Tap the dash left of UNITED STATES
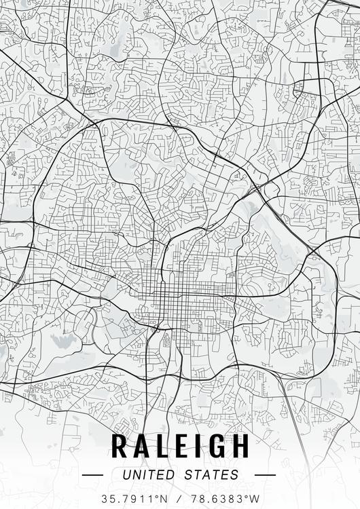[92, 475]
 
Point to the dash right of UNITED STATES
[265, 475]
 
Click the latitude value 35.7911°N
[133, 498]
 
